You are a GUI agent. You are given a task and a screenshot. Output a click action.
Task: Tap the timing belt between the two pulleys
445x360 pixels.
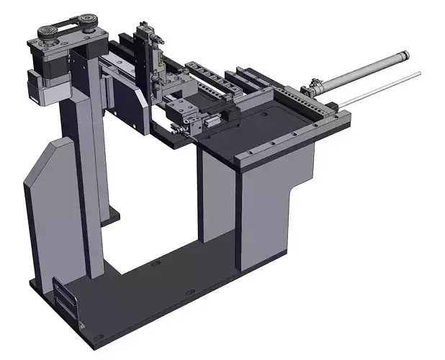click(68, 22)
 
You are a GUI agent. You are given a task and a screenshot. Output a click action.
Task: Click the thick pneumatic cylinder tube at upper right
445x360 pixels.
click(367, 70)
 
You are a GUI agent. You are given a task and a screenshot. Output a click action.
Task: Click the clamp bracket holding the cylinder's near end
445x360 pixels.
click(314, 89)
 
